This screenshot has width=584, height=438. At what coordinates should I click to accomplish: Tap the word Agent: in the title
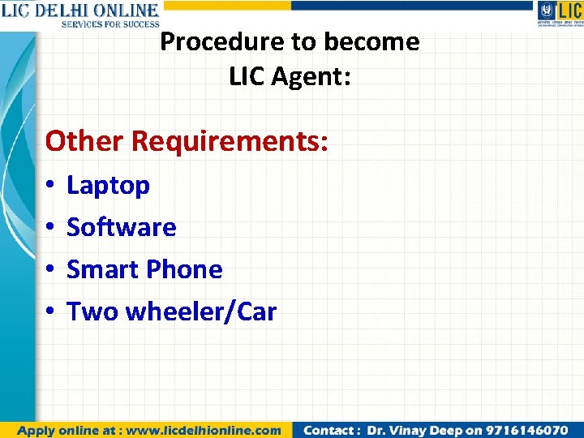click(313, 77)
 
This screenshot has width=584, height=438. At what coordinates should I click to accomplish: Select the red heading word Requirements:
click(230, 141)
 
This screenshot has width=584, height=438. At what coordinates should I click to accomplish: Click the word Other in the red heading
click(84, 141)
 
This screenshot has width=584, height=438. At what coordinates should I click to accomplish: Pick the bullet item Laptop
click(108, 186)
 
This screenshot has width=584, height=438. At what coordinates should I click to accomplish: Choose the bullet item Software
click(121, 227)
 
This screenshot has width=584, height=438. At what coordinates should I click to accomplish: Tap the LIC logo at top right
click(560, 14)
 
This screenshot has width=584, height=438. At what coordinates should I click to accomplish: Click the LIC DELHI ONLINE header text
click(79, 11)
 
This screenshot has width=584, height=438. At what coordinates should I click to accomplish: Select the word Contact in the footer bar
click(328, 430)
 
